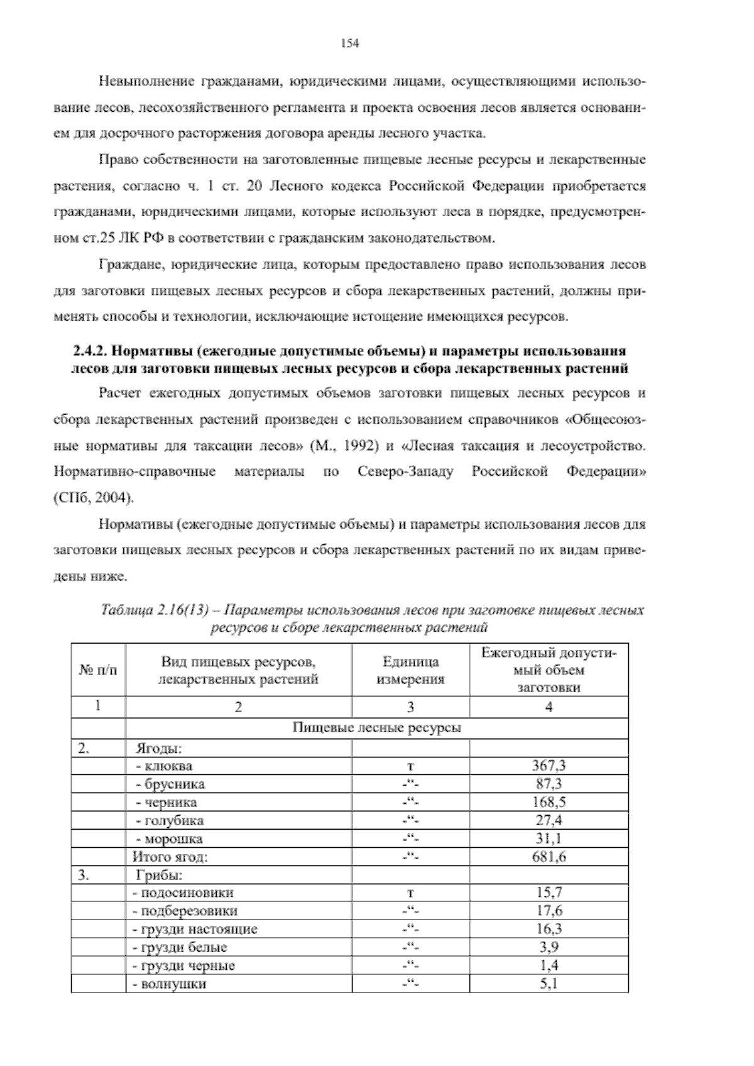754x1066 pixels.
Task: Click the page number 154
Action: (x=349, y=43)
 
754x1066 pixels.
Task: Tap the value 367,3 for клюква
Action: (x=549, y=766)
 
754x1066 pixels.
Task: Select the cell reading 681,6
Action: (x=549, y=856)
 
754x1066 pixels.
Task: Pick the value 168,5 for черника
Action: (x=549, y=802)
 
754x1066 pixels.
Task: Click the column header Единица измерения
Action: (x=410, y=670)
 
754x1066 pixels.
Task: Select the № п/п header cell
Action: (x=98, y=670)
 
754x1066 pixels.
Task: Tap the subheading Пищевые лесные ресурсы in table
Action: (x=377, y=728)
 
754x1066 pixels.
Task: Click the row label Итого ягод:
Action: (x=170, y=856)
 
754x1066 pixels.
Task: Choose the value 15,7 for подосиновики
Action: (x=549, y=893)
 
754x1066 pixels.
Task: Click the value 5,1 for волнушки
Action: (x=549, y=984)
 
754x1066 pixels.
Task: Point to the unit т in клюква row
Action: (x=410, y=766)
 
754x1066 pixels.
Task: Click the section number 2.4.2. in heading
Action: (x=90, y=349)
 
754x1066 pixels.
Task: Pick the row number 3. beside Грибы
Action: (x=84, y=874)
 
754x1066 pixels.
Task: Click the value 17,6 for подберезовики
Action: (x=549, y=911)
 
